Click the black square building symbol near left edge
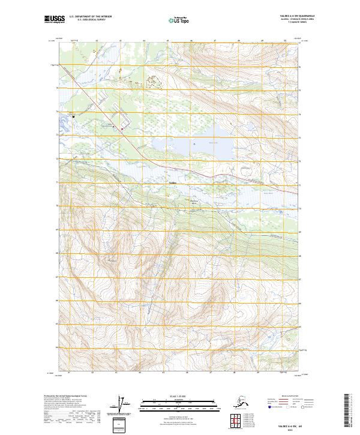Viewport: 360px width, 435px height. tap(74, 116)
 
